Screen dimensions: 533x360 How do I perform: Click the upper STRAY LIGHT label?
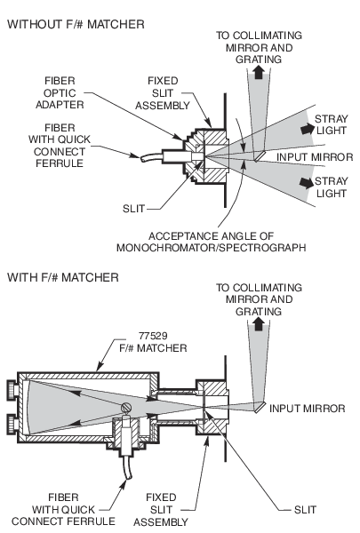pyautogui.click(x=330, y=123)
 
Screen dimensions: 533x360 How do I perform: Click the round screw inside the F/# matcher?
pyautogui.click(x=129, y=408)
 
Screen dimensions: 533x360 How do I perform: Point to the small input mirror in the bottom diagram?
pyautogui.click(x=258, y=409)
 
